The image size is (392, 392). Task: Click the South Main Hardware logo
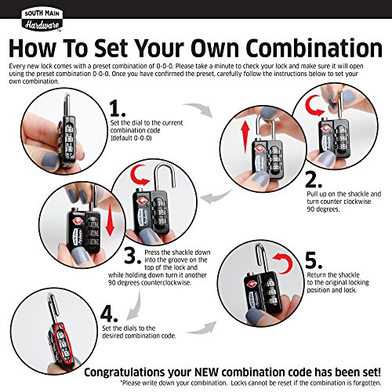42,20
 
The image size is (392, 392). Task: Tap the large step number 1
118,109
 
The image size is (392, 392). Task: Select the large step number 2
314,180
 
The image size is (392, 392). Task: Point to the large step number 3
133,256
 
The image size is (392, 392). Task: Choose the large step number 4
109,314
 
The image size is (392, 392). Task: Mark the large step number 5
314,261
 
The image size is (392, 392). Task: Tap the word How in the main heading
32,48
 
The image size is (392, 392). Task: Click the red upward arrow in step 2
245,138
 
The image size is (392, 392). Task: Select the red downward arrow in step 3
111,220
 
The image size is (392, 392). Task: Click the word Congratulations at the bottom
125,372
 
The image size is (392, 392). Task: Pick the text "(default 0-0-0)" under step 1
131,138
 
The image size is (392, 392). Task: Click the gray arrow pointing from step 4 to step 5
201,328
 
